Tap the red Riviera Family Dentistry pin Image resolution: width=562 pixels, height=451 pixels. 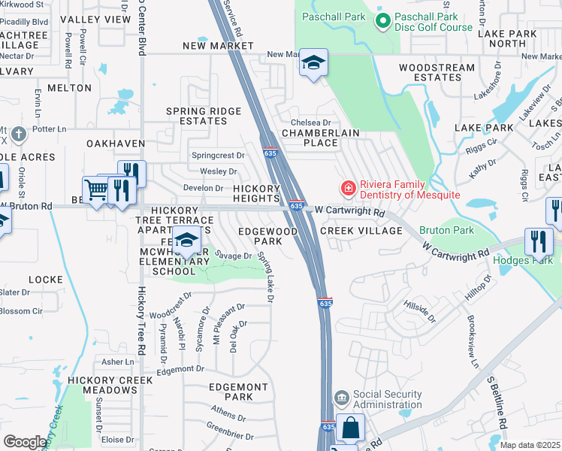pyautogui.click(x=347, y=186)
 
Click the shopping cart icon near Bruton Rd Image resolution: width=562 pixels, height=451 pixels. pyautogui.click(x=96, y=190)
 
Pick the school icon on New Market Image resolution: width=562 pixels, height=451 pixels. pyautogui.click(x=313, y=62)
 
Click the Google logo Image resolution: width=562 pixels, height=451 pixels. pyautogui.click(x=24, y=442)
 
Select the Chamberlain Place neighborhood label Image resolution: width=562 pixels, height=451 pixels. pyautogui.click(x=319, y=138)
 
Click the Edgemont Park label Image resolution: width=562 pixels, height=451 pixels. pyautogui.click(x=238, y=392)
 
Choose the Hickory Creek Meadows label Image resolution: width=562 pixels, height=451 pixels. pyautogui.click(x=102, y=385)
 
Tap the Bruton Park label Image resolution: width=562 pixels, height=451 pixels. pyautogui.click(x=458, y=230)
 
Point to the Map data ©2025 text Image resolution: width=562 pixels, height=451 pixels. pyautogui.click(x=529, y=445)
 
